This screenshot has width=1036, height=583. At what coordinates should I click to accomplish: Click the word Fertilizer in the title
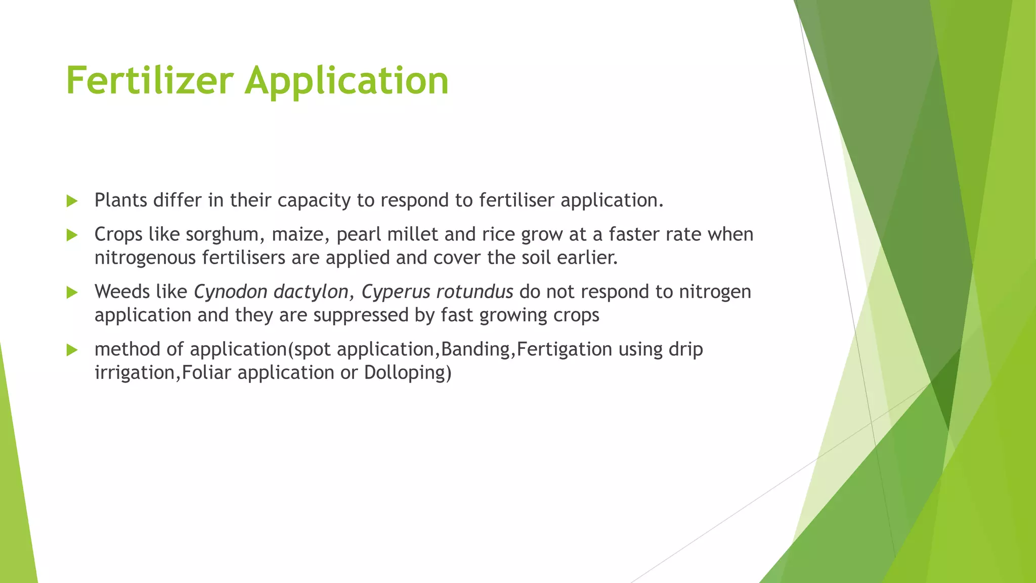[x=150, y=80]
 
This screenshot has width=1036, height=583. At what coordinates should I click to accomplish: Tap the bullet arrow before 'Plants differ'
[x=72, y=201]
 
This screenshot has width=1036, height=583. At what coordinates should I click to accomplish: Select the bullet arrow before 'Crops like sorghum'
[x=72, y=235]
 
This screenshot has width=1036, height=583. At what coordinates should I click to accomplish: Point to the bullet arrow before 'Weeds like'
[x=72, y=292]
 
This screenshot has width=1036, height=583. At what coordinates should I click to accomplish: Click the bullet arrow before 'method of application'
[x=72, y=350]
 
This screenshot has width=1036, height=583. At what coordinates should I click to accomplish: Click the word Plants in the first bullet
[x=121, y=200]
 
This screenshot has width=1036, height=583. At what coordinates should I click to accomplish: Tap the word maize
[x=300, y=235]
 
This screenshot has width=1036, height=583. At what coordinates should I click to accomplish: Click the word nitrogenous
[x=145, y=258]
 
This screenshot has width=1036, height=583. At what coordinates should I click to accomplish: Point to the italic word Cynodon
[x=230, y=292]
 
